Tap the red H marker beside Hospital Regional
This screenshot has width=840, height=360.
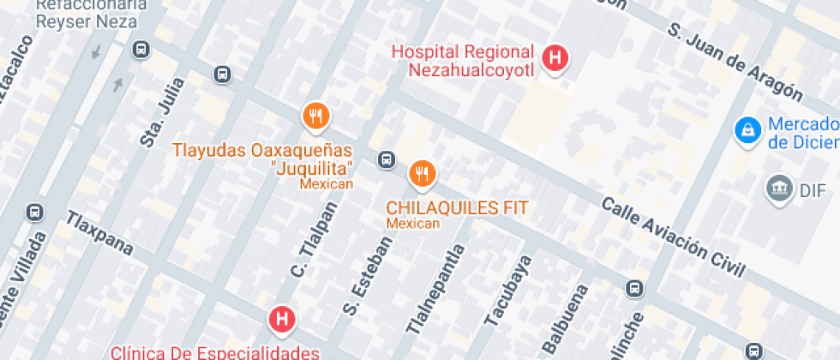[x=556, y=57]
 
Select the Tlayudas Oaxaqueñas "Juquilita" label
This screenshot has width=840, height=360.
[x=263, y=159]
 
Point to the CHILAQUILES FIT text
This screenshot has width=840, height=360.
[x=457, y=207]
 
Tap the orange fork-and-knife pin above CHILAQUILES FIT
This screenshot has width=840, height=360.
[x=421, y=174]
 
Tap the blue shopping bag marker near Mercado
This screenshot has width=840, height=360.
[x=748, y=130]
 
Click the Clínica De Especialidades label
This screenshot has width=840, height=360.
[x=216, y=351]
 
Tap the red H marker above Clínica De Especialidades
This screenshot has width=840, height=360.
[x=281, y=320]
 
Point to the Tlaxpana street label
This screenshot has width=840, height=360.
[x=100, y=232]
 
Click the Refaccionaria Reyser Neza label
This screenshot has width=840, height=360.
[x=87, y=13]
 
